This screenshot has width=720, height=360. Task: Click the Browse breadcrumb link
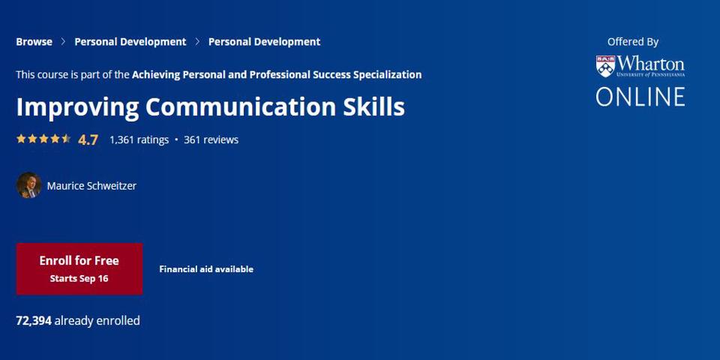click(34, 42)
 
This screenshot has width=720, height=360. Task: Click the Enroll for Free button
click(79, 268)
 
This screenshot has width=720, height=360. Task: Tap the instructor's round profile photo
click(29, 185)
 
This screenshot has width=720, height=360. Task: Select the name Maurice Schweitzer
click(91, 186)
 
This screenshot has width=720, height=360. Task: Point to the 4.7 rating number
click(88, 139)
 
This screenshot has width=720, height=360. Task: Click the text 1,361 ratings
click(139, 139)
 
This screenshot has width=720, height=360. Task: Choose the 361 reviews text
click(211, 139)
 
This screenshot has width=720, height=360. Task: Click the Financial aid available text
click(206, 269)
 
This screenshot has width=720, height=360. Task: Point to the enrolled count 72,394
click(34, 320)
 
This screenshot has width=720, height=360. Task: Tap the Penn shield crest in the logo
click(606, 66)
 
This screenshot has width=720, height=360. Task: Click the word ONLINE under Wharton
click(640, 97)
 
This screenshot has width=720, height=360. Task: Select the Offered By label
click(633, 42)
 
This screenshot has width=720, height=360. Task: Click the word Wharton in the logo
click(651, 63)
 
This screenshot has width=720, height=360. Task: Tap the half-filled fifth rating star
click(66, 139)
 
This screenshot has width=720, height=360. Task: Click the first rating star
click(21, 139)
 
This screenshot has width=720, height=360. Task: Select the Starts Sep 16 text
click(79, 278)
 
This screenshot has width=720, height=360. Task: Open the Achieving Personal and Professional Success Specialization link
click(277, 74)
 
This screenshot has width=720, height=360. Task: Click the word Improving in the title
click(77, 107)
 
